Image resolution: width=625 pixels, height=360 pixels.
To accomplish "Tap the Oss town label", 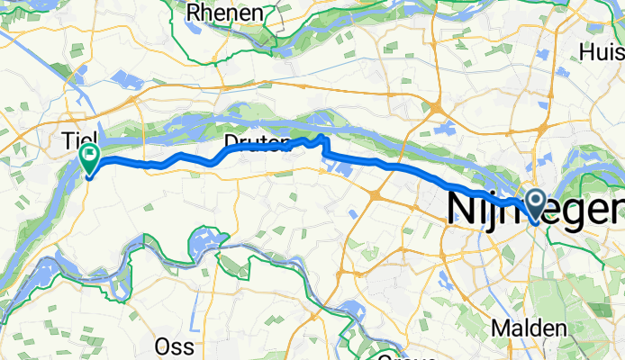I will point(175,346).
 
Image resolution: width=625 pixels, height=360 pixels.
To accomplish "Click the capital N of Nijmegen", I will point(461,211).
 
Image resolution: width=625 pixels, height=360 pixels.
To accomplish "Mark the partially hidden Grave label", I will point(401,355).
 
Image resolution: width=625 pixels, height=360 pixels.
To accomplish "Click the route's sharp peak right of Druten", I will point(322,137).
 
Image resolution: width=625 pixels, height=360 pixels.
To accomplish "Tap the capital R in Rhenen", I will point(194,13).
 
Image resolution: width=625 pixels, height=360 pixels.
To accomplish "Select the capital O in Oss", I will point(163,346).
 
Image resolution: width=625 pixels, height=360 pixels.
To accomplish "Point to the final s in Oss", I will point(188,346).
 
